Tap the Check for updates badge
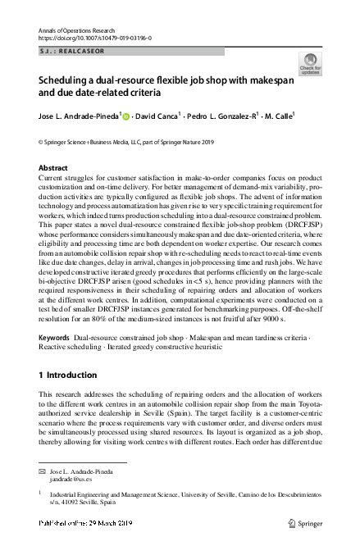tap(312, 63)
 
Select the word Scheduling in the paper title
tap(64, 82)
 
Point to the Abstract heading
tap(53, 167)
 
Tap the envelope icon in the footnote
tap(43, 474)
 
